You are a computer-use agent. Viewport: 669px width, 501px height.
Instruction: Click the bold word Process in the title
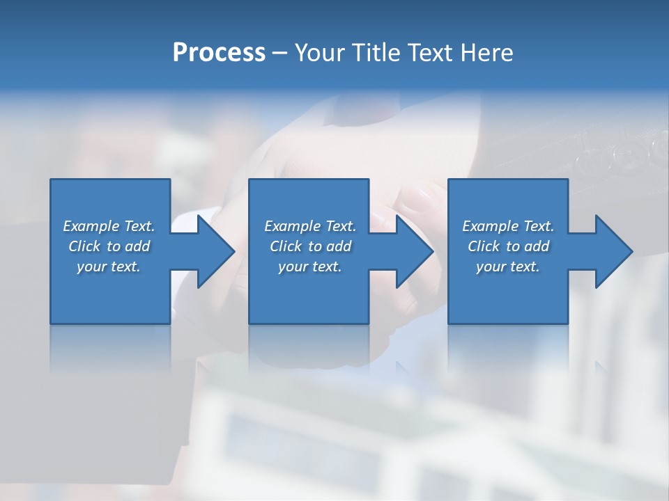(x=219, y=53)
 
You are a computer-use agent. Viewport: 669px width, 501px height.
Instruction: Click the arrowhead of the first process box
(x=215, y=251)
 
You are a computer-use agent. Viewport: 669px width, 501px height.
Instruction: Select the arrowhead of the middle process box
(x=413, y=251)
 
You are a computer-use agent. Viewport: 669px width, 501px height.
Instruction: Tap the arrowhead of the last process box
(x=613, y=251)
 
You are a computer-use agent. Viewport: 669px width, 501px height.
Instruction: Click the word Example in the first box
(x=91, y=226)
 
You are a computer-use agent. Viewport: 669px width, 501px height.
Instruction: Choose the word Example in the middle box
(x=293, y=226)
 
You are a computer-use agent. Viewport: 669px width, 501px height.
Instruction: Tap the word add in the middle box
(x=339, y=246)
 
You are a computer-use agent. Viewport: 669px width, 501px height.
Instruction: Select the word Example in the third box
(x=491, y=226)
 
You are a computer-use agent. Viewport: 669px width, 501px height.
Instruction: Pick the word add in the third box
(x=537, y=246)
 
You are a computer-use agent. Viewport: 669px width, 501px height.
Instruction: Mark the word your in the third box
(x=491, y=267)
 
